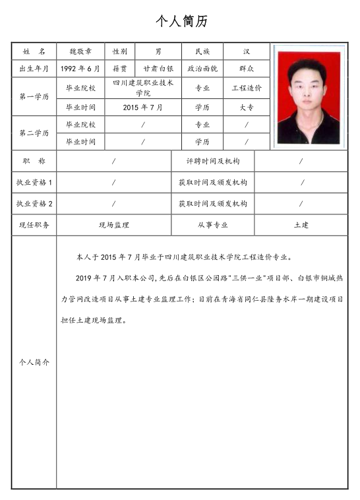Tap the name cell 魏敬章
coord(80,51)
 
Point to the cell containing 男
coord(158,51)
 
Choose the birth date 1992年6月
coord(80,69)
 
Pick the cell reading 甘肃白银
coord(158,69)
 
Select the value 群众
coord(246,69)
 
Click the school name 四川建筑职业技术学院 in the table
coord(143,88)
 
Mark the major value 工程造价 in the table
coord(246,88)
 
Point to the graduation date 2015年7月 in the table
coord(143,107)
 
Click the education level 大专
coord(246,107)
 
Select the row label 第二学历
coord(34,133)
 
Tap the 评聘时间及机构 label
coord(213,161)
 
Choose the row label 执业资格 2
coord(34,204)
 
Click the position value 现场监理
coord(114,225)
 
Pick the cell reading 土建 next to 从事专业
coord(301,225)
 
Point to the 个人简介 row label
coord(34,362)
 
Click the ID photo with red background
coord(309,97)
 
